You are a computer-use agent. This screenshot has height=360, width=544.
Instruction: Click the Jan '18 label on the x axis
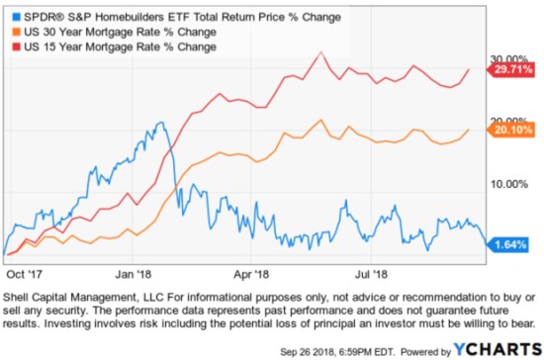[x=136, y=267]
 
